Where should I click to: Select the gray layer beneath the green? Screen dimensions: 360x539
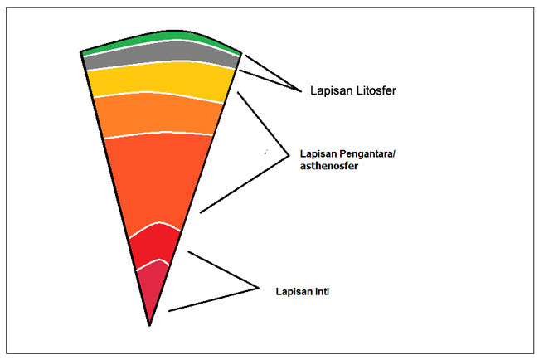pos(158,56)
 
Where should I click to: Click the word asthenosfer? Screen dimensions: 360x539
pos(324,167)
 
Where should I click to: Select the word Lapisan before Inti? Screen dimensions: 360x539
pos(294,291)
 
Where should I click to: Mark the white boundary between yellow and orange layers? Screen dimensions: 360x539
pos(162,96)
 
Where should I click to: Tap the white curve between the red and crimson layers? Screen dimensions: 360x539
pos(153,265)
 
